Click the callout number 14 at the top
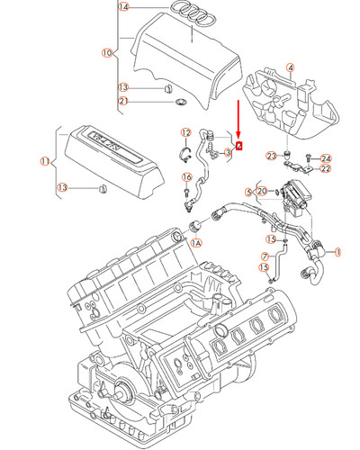124,7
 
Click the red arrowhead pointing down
238,134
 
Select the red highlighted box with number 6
238,145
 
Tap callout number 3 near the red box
228,153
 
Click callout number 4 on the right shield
290,67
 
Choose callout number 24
326,158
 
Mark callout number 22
326,168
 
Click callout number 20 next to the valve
261,191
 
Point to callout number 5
248,191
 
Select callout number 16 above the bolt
187,177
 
